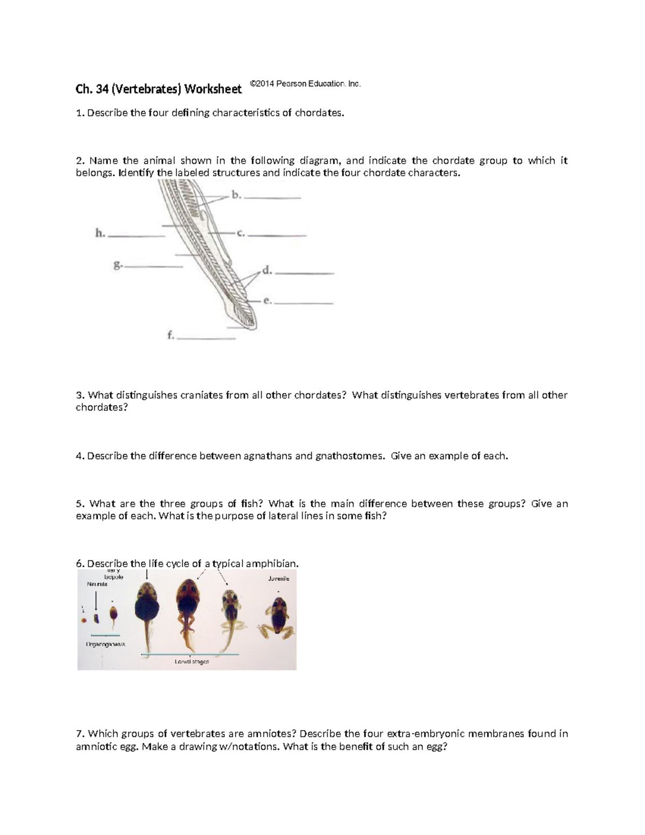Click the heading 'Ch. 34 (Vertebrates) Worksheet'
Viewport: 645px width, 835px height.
pyautogui.click(x=159, y=89)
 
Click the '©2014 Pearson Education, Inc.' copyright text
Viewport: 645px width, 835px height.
pyautogui.click(x=305, y=84)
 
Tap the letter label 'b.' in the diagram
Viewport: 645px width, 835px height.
pyautogui.click(x=236, y=195)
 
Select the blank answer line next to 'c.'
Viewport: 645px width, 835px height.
pyautogui.click(x=277, y=235)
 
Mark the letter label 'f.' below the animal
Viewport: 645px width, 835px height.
pyautogui.click(x=170, y=336)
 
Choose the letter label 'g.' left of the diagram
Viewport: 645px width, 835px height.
pyautogui.click(x=118, y=265)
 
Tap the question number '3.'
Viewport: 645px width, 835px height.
pyautogui.click(x=81, y=395)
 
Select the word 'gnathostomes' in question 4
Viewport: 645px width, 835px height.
pyautogui.click(x=350, y=456)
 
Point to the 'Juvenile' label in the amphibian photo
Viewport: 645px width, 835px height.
pyautogui.click(x=278, y=579)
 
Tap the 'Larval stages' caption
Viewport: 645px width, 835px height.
pyautogui.click(x=191, y=661)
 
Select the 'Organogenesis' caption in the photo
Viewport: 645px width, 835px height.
pyautogui.click(x=105, y=644)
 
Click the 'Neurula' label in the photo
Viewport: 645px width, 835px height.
pyautogui.click(x=97, y=584)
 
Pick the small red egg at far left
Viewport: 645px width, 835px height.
pyautogui.click(x=84, y=620)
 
